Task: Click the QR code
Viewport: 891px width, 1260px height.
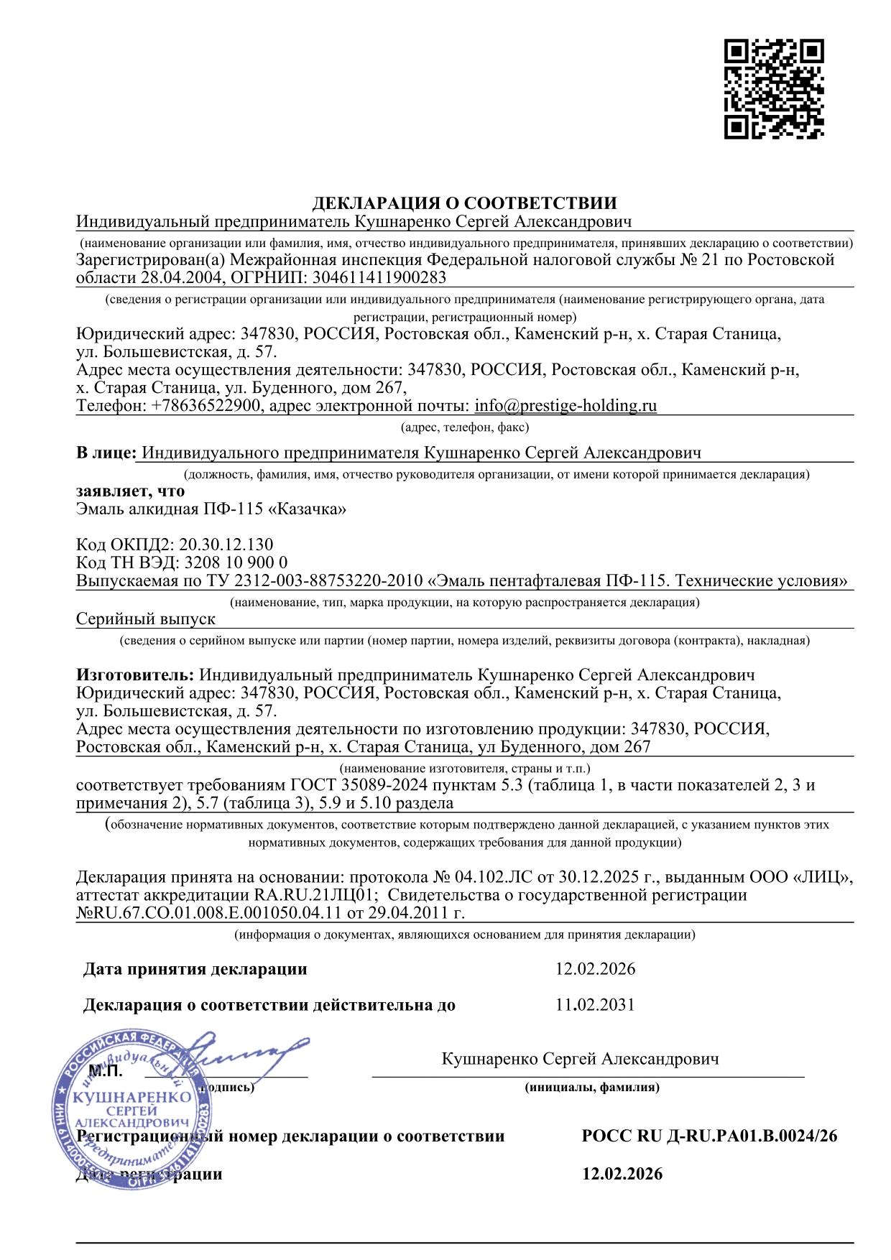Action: tap(774, 89)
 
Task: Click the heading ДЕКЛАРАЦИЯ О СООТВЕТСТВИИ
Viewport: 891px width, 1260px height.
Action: tap(464, 203)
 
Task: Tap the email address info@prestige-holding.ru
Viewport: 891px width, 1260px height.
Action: tap(565, 405)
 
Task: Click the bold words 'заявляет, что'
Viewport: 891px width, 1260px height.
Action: tap(130, 491)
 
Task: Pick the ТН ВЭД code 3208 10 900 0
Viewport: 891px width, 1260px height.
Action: tap(236, 562)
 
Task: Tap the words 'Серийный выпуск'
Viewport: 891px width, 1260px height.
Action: tap(146, 619)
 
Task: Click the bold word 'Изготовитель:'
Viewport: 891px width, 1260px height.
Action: tap(135, 675)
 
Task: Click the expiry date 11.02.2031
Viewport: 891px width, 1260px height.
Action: tap(595, 1004)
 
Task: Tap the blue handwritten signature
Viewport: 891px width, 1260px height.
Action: tap(244, 1052)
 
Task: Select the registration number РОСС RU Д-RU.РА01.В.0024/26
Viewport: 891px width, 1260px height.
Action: tap(709, 1136)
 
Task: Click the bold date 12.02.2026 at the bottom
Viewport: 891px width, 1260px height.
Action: tap(622, 1174)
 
